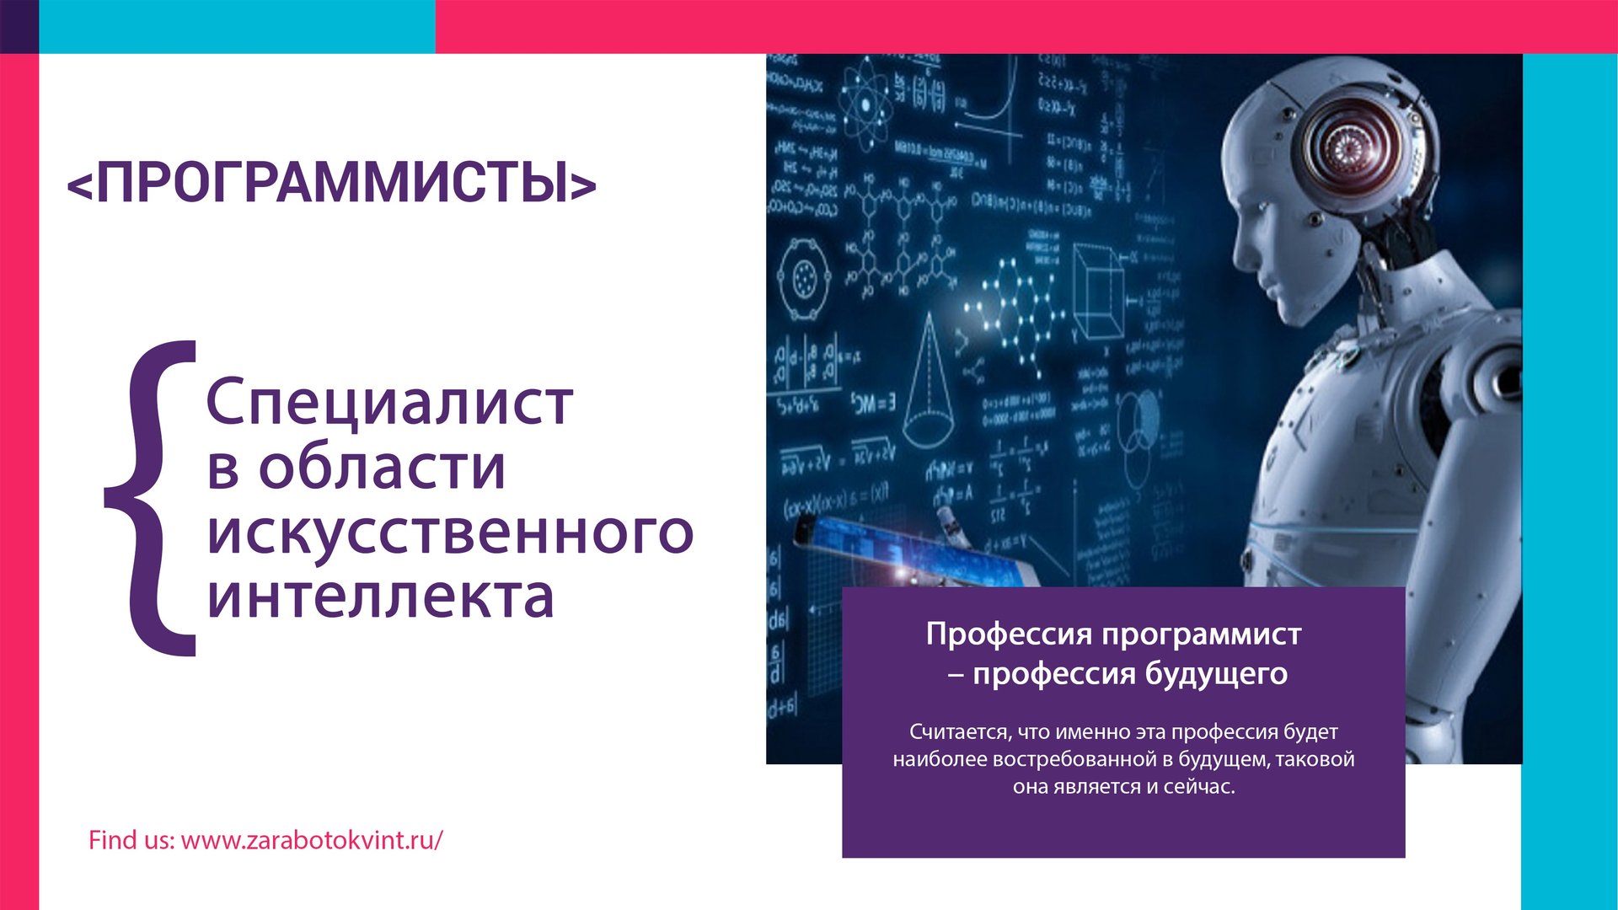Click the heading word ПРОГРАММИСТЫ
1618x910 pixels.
coord(332,182)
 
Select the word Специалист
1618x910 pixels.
coord(389,403)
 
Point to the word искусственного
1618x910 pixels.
coord(450,533)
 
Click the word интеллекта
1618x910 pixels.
coord(381,597)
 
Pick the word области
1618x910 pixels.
coord(382,468)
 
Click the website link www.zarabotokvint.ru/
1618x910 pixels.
coord(312,840)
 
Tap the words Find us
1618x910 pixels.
coord(131,840)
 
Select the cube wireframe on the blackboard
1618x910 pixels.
coord(1097,291)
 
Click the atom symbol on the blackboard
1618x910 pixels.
coord(863,105)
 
